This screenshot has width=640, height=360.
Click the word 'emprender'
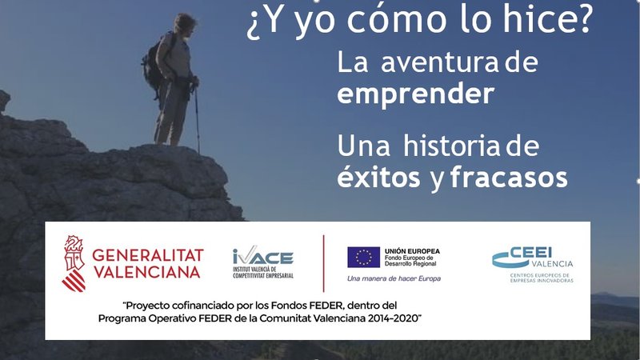(x=414, y=94)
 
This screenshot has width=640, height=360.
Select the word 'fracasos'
(x=509, y=177)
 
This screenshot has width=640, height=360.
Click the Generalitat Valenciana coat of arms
(x=74, y=263)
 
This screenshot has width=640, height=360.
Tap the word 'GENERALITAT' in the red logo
(x=148, y=255)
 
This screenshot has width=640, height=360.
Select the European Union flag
(x=363, y=257)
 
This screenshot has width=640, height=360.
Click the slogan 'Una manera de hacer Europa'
(x=393, y=278)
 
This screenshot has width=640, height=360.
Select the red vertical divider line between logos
(x=323, y=263)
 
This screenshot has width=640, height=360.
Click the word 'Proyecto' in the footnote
(x=148, y=306)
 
